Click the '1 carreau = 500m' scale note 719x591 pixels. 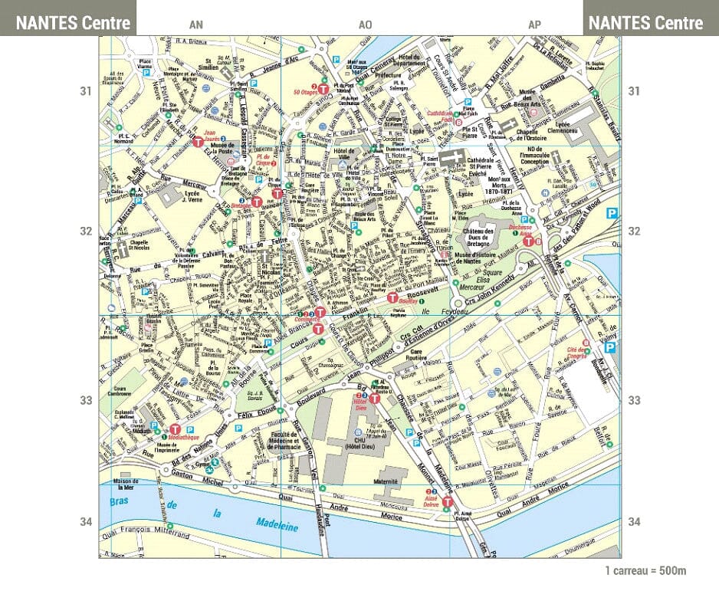pos(645,571)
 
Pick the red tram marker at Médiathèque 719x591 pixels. pos(175,430)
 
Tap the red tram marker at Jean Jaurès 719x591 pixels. pos(197,142)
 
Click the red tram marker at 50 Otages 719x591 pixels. pos(323,90)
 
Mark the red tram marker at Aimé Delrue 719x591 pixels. pos(448,503)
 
